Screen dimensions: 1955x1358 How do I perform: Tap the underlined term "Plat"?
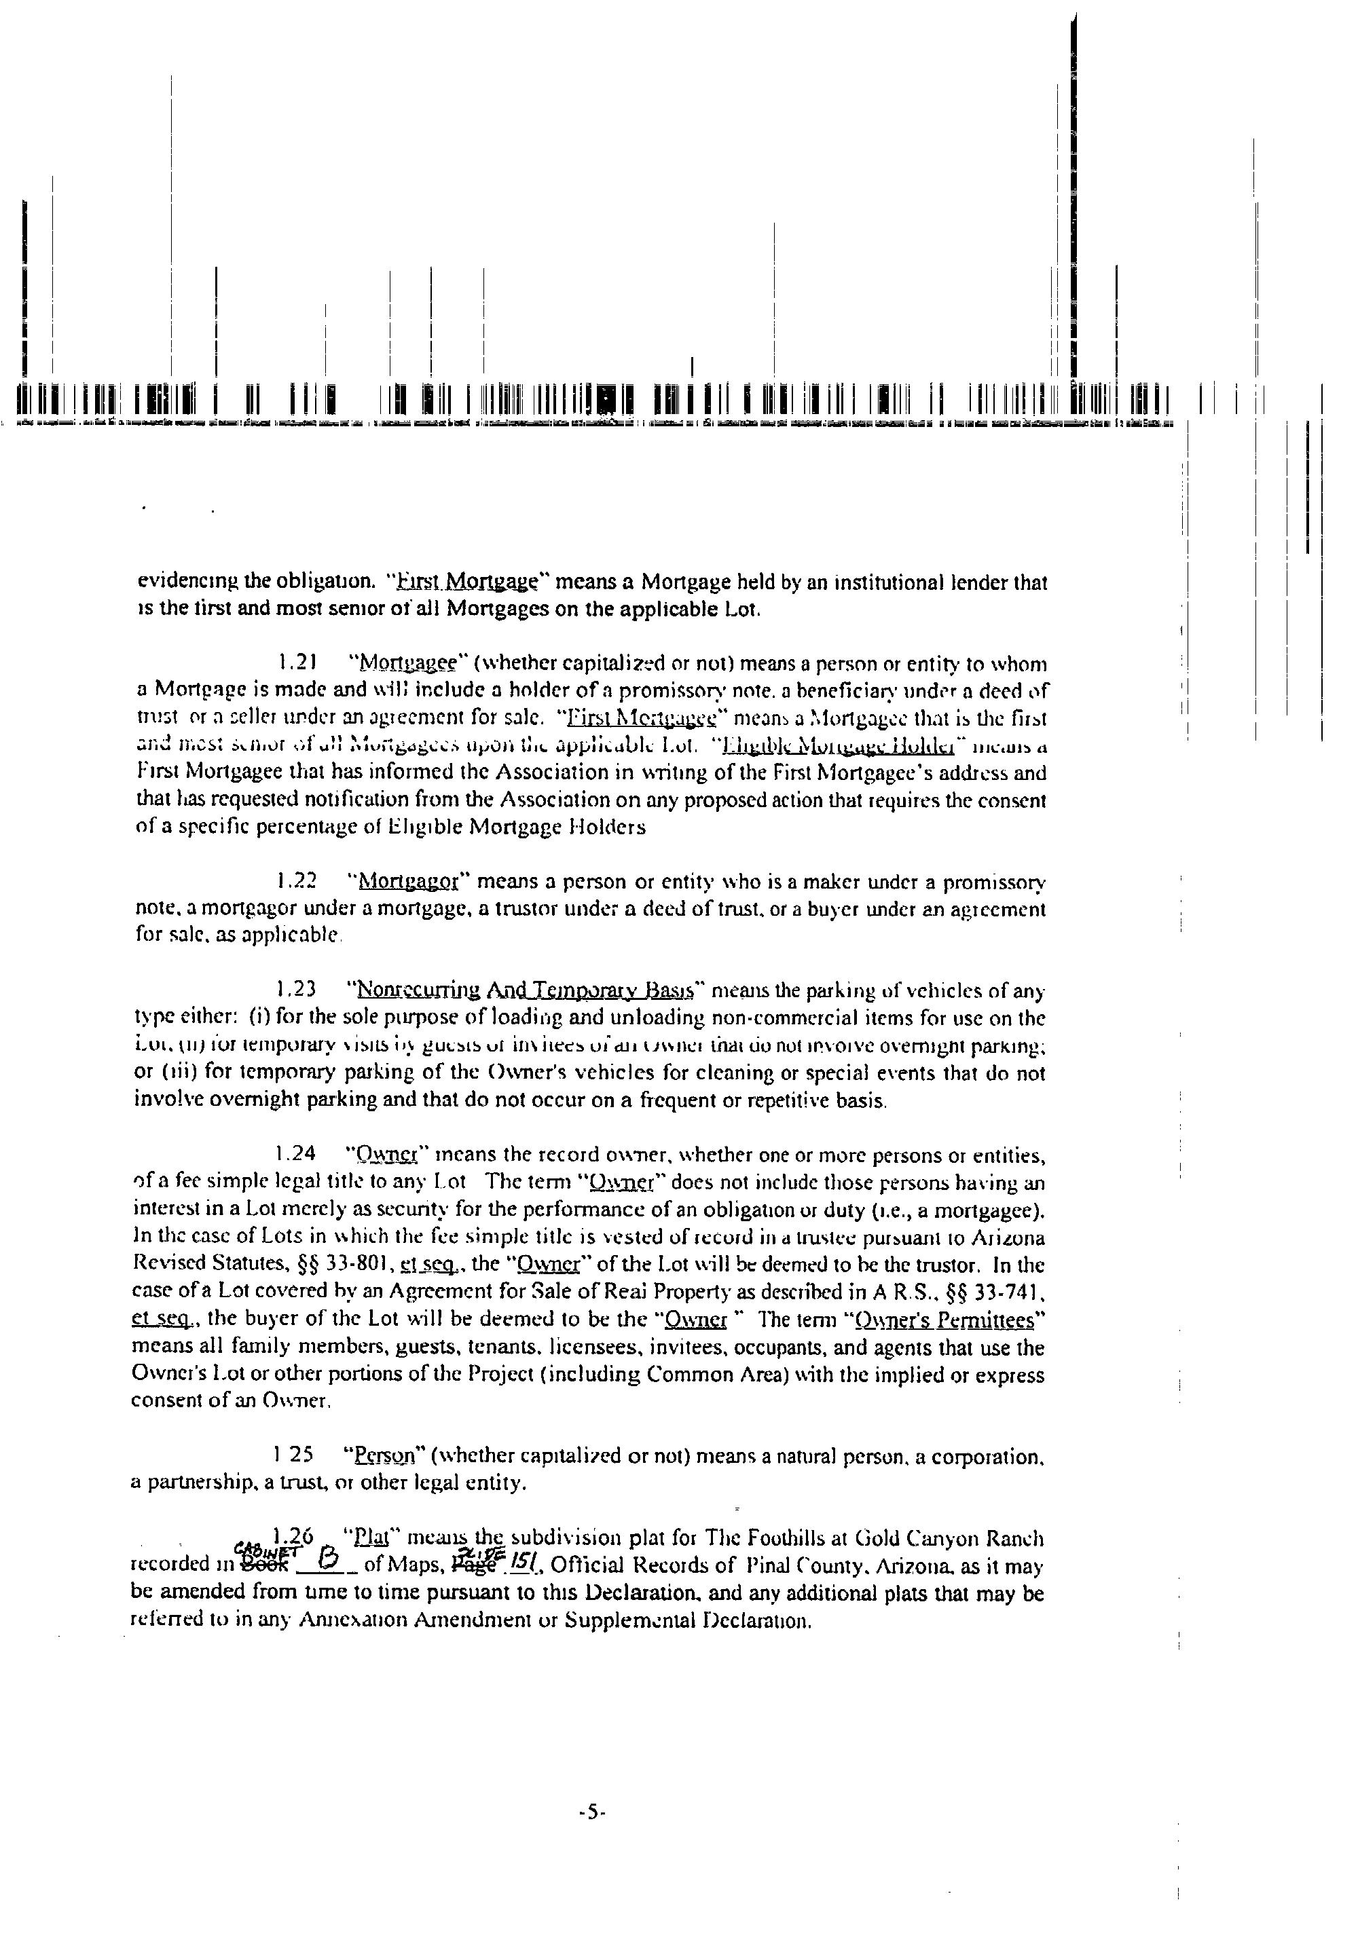tap(370, 1538)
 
